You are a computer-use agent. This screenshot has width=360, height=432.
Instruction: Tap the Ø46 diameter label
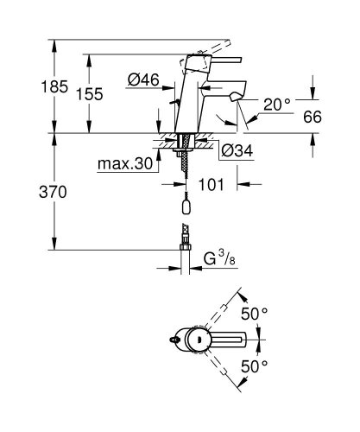[143, 79]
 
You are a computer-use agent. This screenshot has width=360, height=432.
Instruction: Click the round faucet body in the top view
[198, 340]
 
